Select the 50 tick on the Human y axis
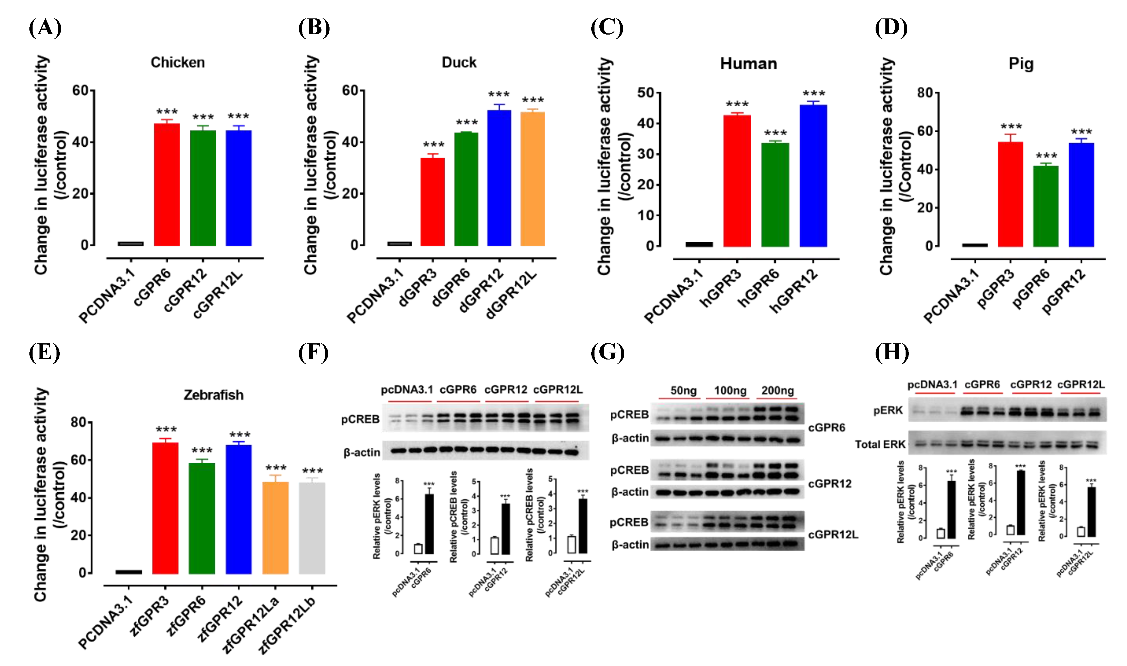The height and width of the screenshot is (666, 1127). [646, 93]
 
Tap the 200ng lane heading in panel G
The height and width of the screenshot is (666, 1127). [778, 390]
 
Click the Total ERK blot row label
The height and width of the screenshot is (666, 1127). [880, 444]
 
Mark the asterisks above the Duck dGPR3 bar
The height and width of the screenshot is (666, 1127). [433, 145]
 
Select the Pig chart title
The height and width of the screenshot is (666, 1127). [1021, 64]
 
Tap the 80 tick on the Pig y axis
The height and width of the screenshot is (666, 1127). [925, 93]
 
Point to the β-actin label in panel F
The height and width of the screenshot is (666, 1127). [362, 452]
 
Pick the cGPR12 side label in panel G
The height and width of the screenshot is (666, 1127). [830, 484]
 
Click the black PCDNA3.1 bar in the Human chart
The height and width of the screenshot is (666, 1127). [699, 244]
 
